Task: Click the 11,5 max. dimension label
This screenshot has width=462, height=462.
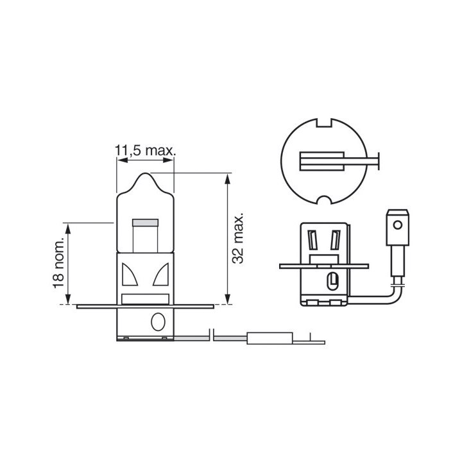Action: (145, 151)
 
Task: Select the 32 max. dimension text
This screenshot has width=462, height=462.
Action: (238, 237)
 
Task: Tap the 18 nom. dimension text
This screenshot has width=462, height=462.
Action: (58, 262)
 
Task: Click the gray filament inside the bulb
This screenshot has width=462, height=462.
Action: (145, 223)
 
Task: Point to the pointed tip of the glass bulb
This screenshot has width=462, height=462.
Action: (146, 173)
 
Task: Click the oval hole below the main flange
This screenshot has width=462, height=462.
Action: (158, 321)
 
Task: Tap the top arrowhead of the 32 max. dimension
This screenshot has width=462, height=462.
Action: (227, 178)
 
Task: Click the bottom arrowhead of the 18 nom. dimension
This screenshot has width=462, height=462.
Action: (68, 299)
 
